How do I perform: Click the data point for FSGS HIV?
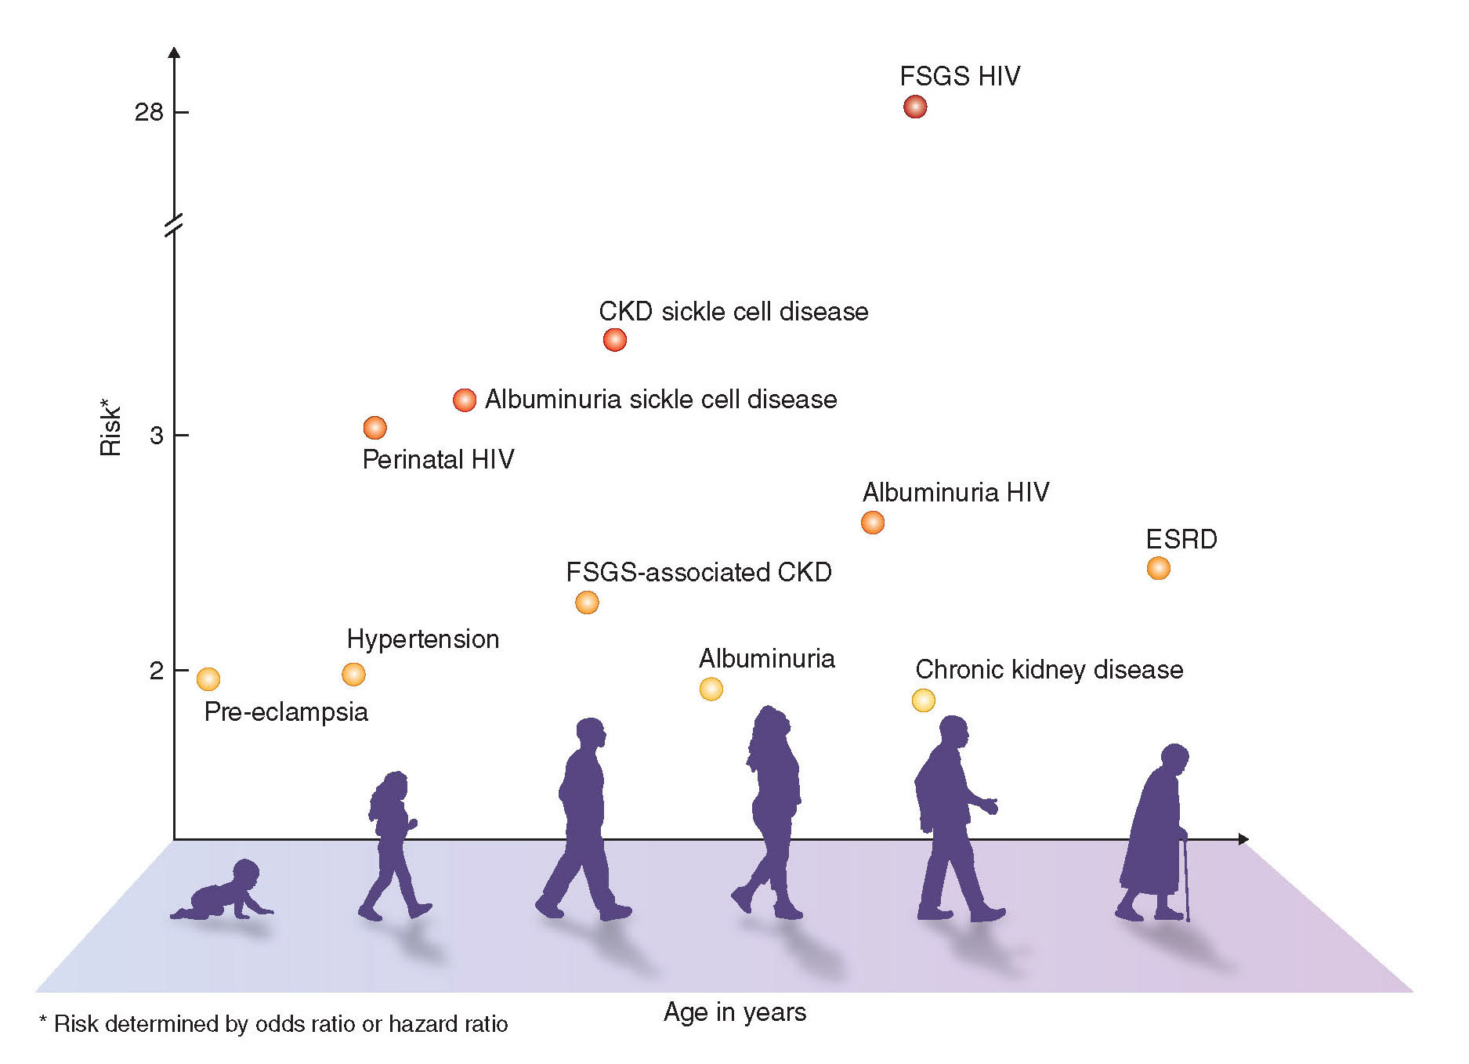point(914,107)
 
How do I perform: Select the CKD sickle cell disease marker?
point(614,340)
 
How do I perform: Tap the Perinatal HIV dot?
point(374,428)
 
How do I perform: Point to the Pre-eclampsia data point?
point(208,679)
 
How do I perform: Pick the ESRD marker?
point(1158,568)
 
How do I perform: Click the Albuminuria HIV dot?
point(872,523)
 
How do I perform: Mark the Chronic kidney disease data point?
point(923,700)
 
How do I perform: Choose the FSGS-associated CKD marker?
point(586,603)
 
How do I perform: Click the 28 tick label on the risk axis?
point(149,113)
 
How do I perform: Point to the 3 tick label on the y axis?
point(157,436)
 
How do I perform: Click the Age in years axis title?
point(734,1012)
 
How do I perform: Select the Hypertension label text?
point(422,639)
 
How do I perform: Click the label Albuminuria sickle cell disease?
point(660,400)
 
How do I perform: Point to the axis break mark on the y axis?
point(174,225)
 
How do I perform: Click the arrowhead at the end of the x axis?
point(1243,839)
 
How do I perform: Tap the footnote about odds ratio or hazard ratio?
point(273,1024)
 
